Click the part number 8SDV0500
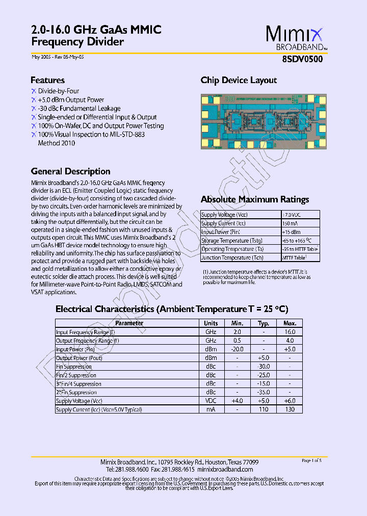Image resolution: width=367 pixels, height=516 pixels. coord(302,59)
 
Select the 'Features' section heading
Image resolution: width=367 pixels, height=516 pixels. coord(47,80)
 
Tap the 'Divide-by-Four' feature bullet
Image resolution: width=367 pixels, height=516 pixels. coord(59,91)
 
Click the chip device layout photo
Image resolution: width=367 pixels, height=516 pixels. coord(263,121)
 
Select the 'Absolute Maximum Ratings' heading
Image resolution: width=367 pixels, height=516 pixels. coord(255,199)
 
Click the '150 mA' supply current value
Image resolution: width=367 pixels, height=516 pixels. coord(289,223)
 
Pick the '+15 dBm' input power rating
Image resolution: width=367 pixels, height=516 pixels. coord(291,232)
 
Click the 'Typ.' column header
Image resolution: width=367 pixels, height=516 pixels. coord(264,323)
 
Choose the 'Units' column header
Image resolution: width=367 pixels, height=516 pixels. coord(211,323)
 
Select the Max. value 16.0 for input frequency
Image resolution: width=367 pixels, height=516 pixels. coord(290,332)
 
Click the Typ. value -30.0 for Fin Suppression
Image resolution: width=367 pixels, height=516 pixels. coord(264,367)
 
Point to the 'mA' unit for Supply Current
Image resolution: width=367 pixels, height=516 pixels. coord(211,409)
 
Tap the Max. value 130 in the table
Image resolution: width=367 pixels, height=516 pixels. coord(290,409)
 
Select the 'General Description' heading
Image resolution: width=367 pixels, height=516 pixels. coord(70,171)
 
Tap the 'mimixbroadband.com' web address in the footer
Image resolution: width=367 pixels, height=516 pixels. coord(225,469)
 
